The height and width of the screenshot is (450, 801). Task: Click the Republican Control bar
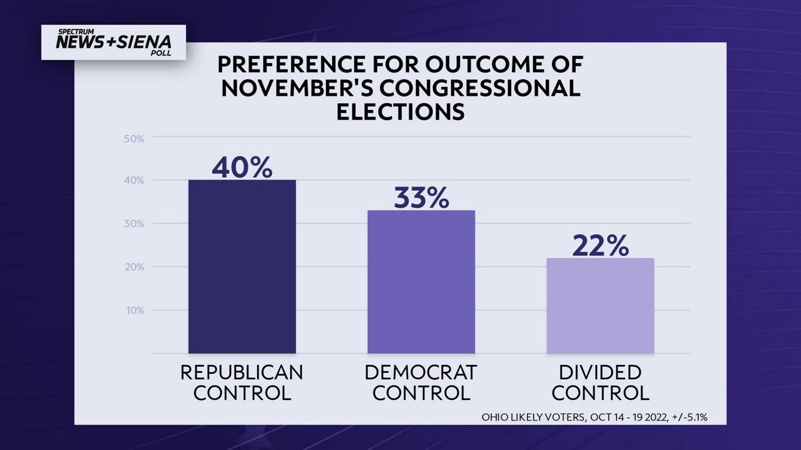tap(242, 267)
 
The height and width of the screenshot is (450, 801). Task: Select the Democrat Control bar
tap(421, 282)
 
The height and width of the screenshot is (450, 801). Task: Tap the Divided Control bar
tap(600, 305)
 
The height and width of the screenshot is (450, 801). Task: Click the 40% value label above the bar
tap(242, 168)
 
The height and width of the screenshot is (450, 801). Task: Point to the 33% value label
tap(421, 197)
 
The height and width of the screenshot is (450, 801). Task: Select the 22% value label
tap(600, 245)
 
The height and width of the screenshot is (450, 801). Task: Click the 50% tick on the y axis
tap(134, 139)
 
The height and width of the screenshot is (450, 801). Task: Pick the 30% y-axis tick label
tap(134, 223)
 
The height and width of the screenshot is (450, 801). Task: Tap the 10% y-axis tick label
tap(135, 310)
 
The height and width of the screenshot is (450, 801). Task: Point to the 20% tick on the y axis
tap(134, 267)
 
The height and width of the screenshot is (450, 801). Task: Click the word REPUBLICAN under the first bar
tap(242, 372)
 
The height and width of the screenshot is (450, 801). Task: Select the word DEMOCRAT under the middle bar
tap(421, 372)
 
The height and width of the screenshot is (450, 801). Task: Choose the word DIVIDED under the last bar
tap(600, 372)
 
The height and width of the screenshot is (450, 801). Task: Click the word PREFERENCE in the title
tap(291, 64)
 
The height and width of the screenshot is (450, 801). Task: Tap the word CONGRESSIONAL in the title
tap(479, 88)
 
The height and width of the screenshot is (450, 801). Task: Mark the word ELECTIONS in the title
tap(400, 111)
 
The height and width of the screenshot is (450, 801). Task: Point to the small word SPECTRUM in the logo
tap(76, 32)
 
